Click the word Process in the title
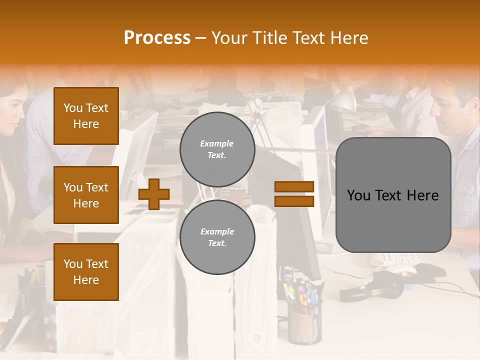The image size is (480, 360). click(x=157, y=38)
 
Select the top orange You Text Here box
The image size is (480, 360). click(x=86, y=116)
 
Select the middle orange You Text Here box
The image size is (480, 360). click(x=86, y=195)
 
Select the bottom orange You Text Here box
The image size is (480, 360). click(x=86, y=272)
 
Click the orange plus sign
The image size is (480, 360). click(x=154, y=194)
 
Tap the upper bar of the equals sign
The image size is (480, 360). click(x=294, y=186)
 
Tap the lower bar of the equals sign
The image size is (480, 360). click(x=294, y=201)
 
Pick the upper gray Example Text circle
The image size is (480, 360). click(x=217, y=149)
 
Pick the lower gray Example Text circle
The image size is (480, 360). click(x=217, y=237)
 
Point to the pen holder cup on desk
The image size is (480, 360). click(x=304, y=325)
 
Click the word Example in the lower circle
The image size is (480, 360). click(x=217, y=231)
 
